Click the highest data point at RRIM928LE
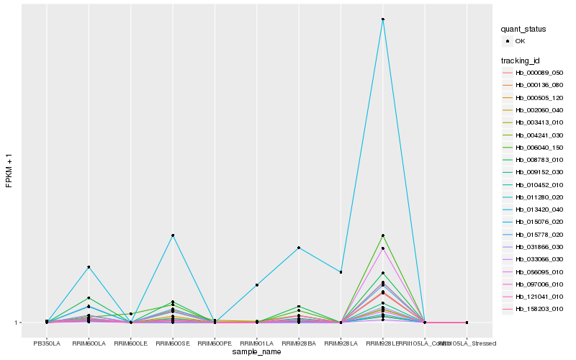tap(383, 19)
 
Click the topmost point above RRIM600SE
tap(173, 235)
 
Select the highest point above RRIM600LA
tap(89, 267)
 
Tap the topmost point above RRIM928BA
tap(299, 248)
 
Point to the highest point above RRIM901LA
tap(257, 285)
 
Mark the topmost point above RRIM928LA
tap(341, 272)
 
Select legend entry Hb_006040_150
tap(539, 147)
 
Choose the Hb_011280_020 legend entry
tap(539, 197)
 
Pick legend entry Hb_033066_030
tap(539, 258)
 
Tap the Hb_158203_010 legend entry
tap(539, 308)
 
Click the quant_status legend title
tap(523, 29)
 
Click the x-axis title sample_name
tap(256, 352)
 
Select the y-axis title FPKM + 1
tap(9, 170)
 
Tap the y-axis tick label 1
tap(17, 323)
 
